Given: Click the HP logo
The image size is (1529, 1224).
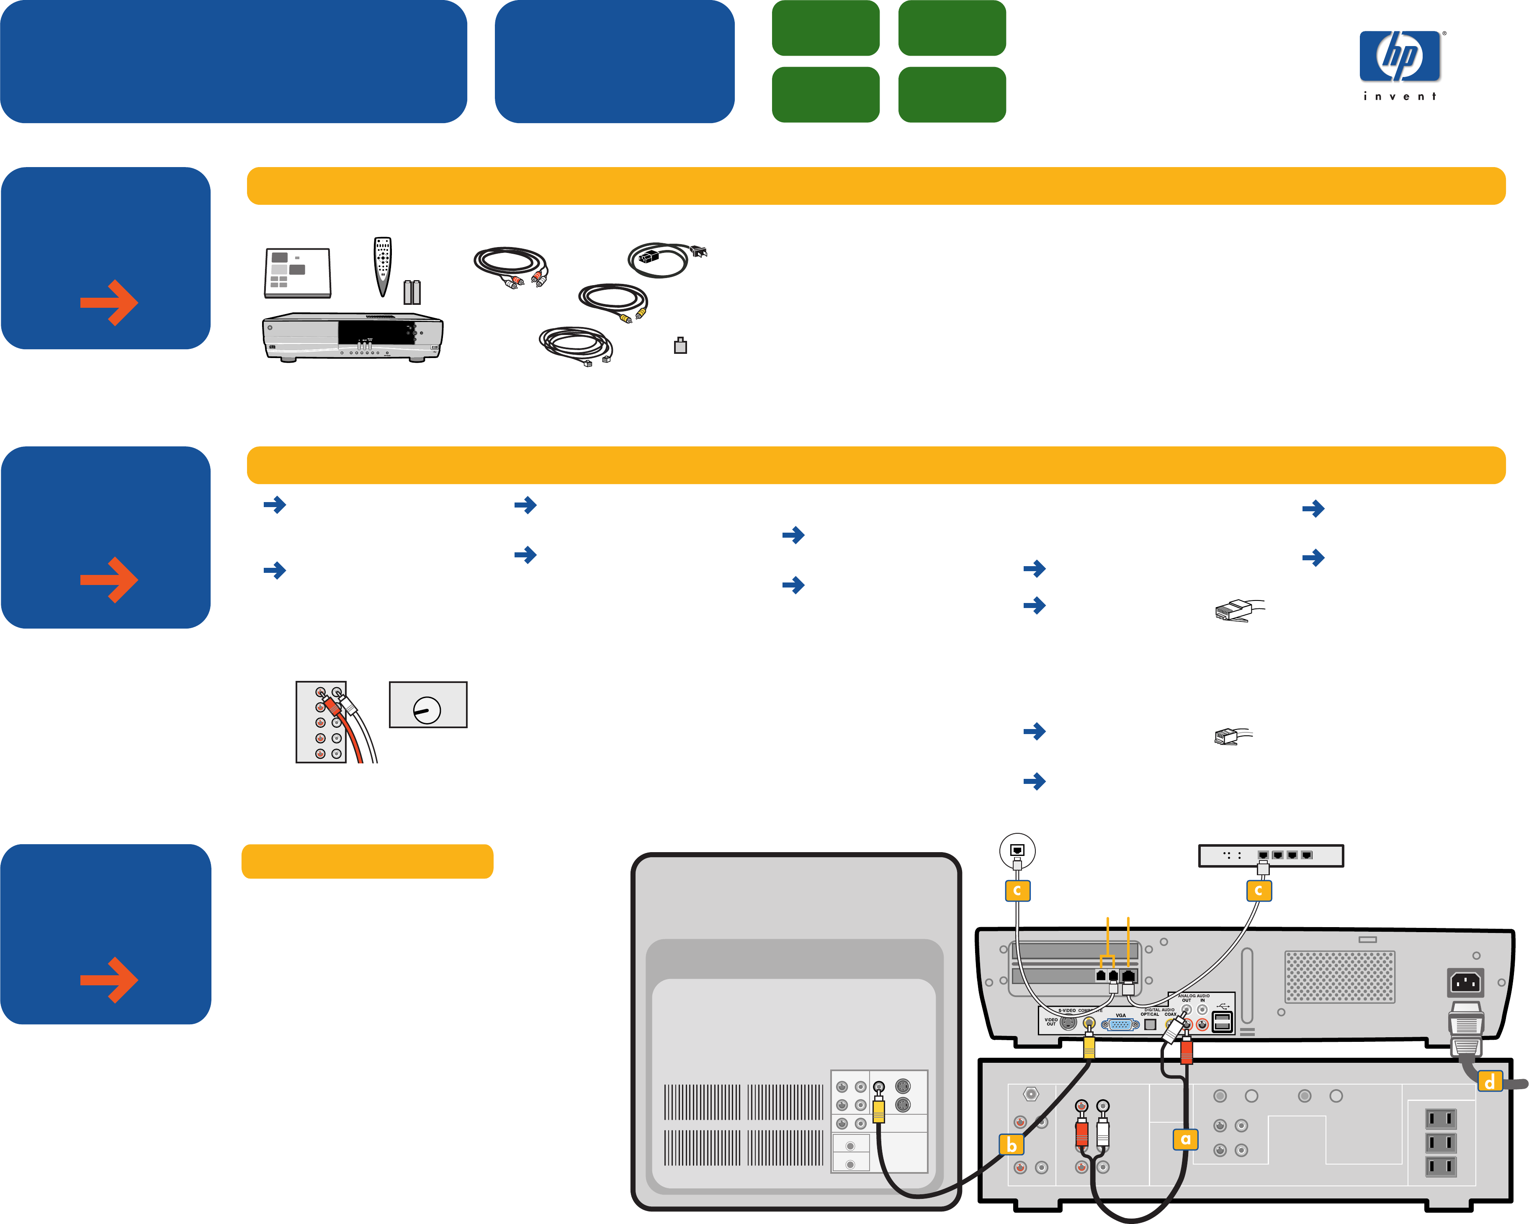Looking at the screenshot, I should tap(1399, 57).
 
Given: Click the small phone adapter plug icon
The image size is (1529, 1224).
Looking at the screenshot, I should tap(680, 345).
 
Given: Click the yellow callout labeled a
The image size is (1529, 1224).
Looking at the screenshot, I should tap(1185, 1139).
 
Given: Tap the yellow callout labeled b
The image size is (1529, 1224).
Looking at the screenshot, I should tap(1011, 1144).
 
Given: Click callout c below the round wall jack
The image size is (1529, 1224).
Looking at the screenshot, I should tap(1017, 890).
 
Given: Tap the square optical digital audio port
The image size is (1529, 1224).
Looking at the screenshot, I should tap(1150, 1024).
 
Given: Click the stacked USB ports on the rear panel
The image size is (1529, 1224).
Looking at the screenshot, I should tap(1222, 1022).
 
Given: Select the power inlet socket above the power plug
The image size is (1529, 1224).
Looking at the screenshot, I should tap(1465, 983).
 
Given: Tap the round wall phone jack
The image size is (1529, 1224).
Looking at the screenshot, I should tap(1017, 850).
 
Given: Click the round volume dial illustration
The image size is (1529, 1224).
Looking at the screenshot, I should tap(427, 709).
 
